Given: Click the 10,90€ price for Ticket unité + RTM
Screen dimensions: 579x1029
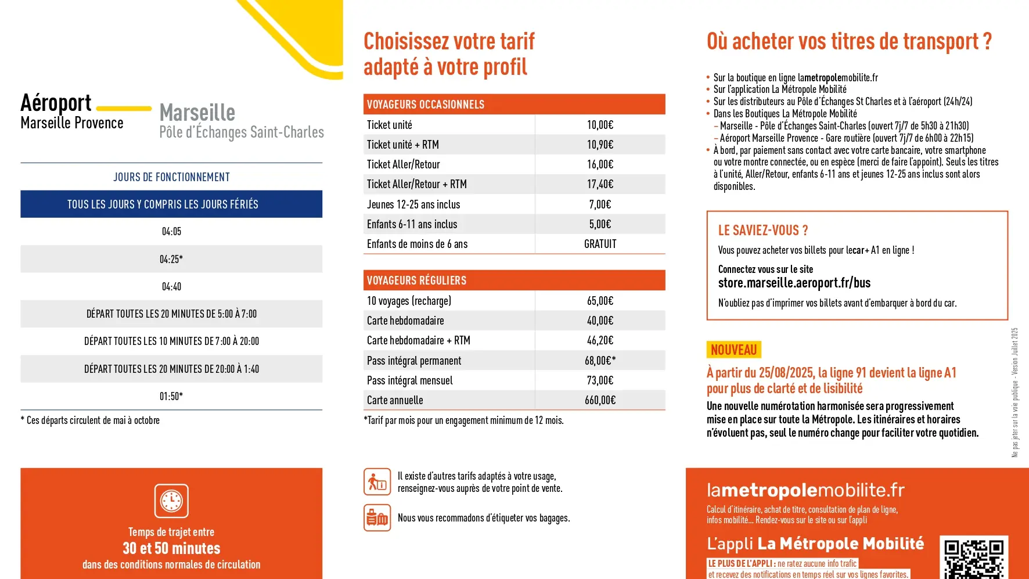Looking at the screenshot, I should [600, 145].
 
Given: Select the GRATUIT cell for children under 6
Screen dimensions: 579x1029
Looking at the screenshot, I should [600, 244].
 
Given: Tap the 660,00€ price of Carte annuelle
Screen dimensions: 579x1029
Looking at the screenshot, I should [600, 400].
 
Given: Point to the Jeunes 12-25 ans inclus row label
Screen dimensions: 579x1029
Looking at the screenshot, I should [413, 204].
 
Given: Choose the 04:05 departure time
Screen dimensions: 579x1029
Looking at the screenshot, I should [171, 231].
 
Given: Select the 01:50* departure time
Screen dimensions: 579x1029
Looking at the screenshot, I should [171, 396].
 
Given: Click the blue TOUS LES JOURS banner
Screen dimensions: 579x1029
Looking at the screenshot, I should [171, 204].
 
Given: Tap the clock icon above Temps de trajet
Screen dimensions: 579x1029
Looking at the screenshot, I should [171, 501].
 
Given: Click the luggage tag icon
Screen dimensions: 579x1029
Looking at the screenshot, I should [377, 517].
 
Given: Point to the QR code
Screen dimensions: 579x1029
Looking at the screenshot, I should [974, 559].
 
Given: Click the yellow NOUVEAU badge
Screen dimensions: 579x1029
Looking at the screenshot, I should [733, 350].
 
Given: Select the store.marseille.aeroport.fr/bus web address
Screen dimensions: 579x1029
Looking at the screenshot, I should [794, 283].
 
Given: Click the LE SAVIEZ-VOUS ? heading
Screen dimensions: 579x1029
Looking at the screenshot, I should [762, 231].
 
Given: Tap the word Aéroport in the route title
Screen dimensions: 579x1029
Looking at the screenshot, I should [56, 103].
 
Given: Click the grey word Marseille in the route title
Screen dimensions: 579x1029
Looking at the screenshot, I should [197, 113].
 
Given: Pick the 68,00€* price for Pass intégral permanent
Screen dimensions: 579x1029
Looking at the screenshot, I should [600, 361].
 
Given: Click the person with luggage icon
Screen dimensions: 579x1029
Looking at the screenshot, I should [377, 482].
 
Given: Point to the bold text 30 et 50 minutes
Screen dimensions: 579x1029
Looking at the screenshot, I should [171, 548].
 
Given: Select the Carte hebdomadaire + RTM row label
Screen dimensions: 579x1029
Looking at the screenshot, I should [418, 340].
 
